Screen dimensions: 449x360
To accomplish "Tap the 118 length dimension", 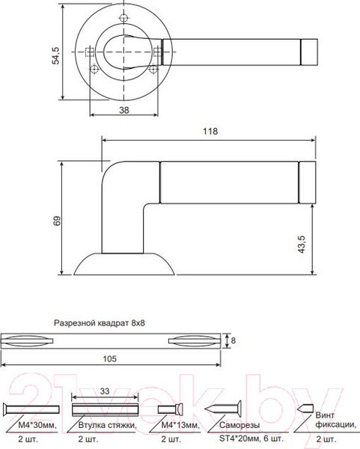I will (210, 132).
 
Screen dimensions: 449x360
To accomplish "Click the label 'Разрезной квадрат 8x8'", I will (99, 324).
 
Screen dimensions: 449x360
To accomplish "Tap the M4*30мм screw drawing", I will (31, 409).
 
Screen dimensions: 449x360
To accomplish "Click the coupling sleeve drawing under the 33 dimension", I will (105, 409).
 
